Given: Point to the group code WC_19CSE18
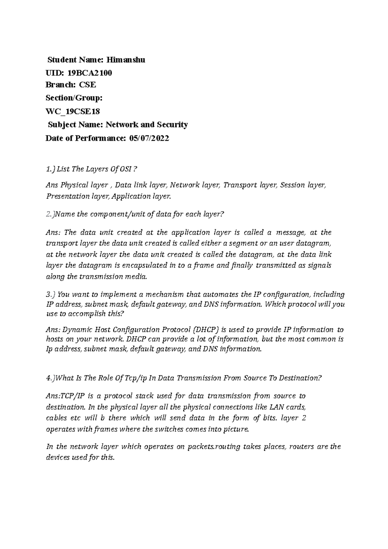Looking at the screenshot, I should [73, 112].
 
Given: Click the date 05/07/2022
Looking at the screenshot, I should [149, 138].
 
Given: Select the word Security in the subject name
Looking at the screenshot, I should [172, 125].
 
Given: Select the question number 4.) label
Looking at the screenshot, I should [51, 378].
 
